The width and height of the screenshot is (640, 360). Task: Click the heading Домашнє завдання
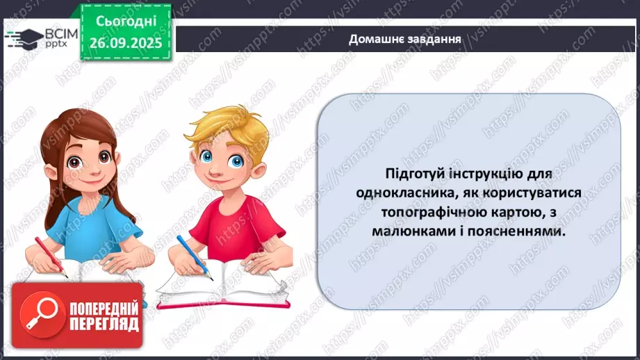(405, 38)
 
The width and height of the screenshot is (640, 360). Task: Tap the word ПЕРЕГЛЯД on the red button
(104, 325)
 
